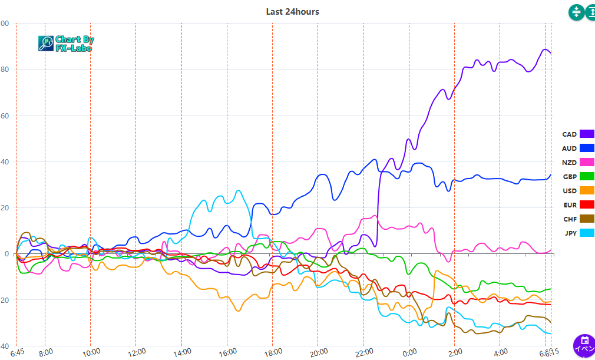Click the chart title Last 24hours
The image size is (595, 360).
point(292,12)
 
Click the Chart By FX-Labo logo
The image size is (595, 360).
point(66,43)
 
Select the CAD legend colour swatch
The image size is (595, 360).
point(587,134)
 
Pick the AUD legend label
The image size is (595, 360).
point(569,148)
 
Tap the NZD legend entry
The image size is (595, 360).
point(577,162)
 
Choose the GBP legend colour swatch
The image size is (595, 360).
point(587,176)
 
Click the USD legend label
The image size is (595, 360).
point(569,190)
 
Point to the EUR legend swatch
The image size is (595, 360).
point(587,204)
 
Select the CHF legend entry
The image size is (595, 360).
point(577,219)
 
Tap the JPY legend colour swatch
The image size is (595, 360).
point(587,233)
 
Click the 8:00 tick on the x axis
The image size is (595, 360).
point(46,352)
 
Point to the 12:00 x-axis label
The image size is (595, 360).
point(137,352)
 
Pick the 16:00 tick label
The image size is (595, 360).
point(228,352)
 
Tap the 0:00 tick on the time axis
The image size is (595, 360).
point(409,352)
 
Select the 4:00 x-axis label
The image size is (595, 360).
point(501,352)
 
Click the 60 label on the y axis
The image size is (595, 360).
point(5,115)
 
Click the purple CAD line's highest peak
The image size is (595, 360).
point(546,49)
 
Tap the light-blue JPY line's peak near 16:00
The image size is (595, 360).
point(237,190)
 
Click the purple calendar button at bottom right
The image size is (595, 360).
point(584,345)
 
